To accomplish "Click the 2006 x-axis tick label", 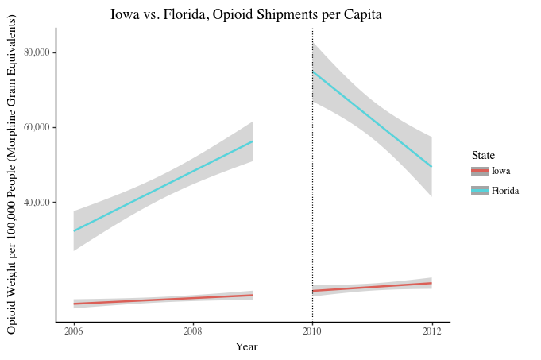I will point(73,331).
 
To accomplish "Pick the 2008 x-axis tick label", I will point(193,331).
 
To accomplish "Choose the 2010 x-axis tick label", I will point(312,331).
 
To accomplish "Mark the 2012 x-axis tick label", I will point(432,331).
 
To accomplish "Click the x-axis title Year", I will point(246,346).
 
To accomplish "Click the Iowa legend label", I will point(500,171).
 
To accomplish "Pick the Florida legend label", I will point(505,191).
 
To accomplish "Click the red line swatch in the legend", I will point(479,171).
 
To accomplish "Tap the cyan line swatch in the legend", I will point(479,191).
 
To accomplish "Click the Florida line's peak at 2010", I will point(313,72).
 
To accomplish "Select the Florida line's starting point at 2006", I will point(74,230).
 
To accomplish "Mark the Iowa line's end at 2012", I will point(431,283).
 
